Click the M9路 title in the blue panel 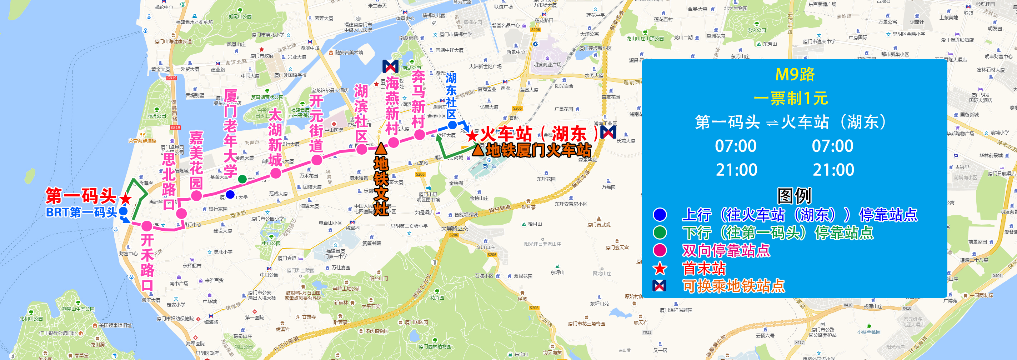click(x=795, y=74)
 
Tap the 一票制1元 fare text click(x=790, y=98)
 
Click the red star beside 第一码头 click(x=126, y=199)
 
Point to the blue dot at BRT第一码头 click(x=123, y=211)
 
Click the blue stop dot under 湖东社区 click(x=452, y=125)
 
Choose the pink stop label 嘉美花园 click(x=196, y=160)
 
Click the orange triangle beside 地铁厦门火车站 click(x=478, y=150)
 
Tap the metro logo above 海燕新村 click(x=390, y=66)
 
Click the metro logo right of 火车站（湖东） click(x=608, y=132)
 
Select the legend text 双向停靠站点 click(x=726, y=250)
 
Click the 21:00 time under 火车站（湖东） click(x=833, y=170)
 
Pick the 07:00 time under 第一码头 click(x=736, y=146)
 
